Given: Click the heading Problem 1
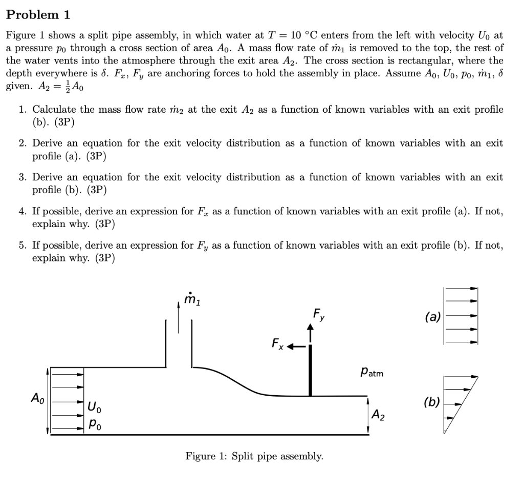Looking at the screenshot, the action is coord(38,15).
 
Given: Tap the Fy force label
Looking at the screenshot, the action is coord(318,314).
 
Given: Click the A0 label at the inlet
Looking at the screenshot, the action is coord(37,397).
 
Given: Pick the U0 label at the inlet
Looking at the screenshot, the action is coord(94,408).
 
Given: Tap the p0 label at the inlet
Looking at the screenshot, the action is coord(94,425).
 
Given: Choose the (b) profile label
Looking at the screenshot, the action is coord(433,402).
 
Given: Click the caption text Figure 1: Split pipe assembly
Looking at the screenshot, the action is coord(254,456).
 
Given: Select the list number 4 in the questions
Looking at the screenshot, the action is coord(23,211).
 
